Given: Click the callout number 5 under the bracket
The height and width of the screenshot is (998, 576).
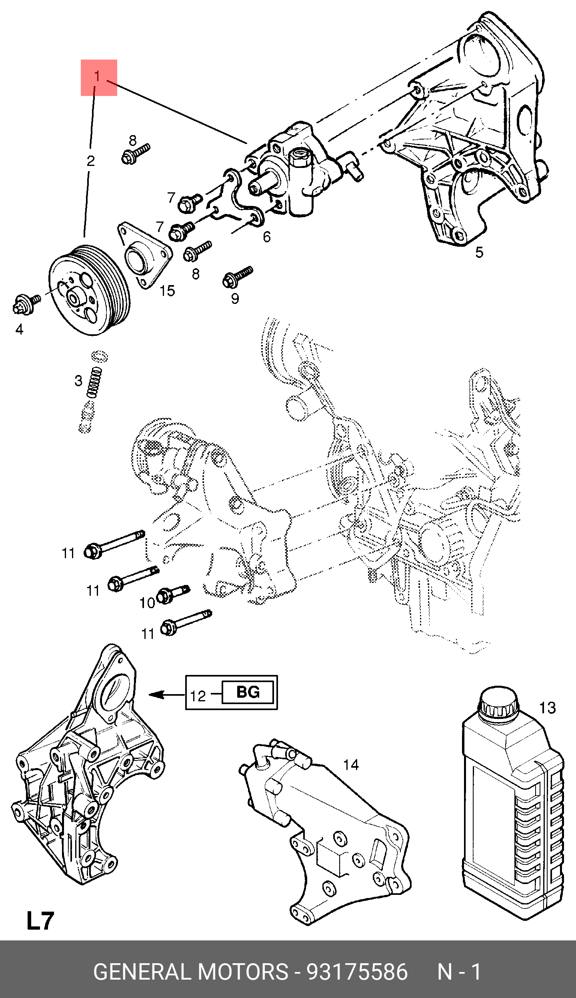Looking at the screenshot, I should [479, 252].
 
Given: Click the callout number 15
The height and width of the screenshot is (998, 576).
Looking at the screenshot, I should [168, 291].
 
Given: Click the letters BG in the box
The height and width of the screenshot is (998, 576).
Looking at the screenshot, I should [248, 692].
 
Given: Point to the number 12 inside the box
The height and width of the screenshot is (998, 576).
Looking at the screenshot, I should [198, 696].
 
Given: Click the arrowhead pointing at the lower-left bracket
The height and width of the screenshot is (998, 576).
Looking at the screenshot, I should [156, 695].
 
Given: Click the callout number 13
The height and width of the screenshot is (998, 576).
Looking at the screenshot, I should [548, 708].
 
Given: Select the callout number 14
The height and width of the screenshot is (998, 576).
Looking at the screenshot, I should [351, 765].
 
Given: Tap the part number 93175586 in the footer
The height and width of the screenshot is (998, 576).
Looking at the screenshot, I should [357, 972].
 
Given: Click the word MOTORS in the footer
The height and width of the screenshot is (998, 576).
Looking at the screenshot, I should [242, 972].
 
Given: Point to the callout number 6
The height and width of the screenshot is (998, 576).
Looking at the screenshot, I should [267, 237].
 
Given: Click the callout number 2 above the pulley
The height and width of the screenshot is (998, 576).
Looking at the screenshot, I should [91, 161].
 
